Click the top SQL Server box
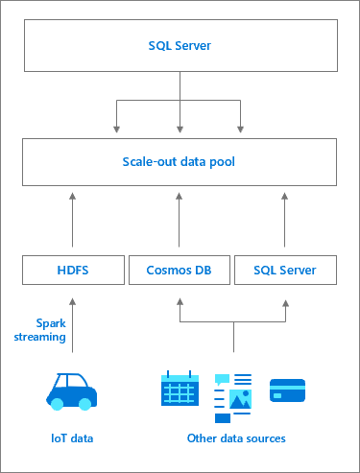pyautogui.click(x=180, y=45)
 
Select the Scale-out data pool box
pyautogui.click(x=180, y=162)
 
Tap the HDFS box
pyautogui.click(x=73, y=271)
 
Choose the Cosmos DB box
pyautogui.click(x=180, y=271)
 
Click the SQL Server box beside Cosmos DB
pyautogui.click(x=286, y=271)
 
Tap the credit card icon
pyautogui.click(x=287, y=390)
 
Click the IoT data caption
pyautogui.click(x=73, y=438)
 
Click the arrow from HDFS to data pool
pyautogui.click(x=73, y=221)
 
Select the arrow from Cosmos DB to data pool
pyautogui.click(x=180, y=221)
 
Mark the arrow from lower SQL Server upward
pyautogui.click(x=286, y=221)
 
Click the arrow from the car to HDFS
pyautogui.click(x=73, y=326)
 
